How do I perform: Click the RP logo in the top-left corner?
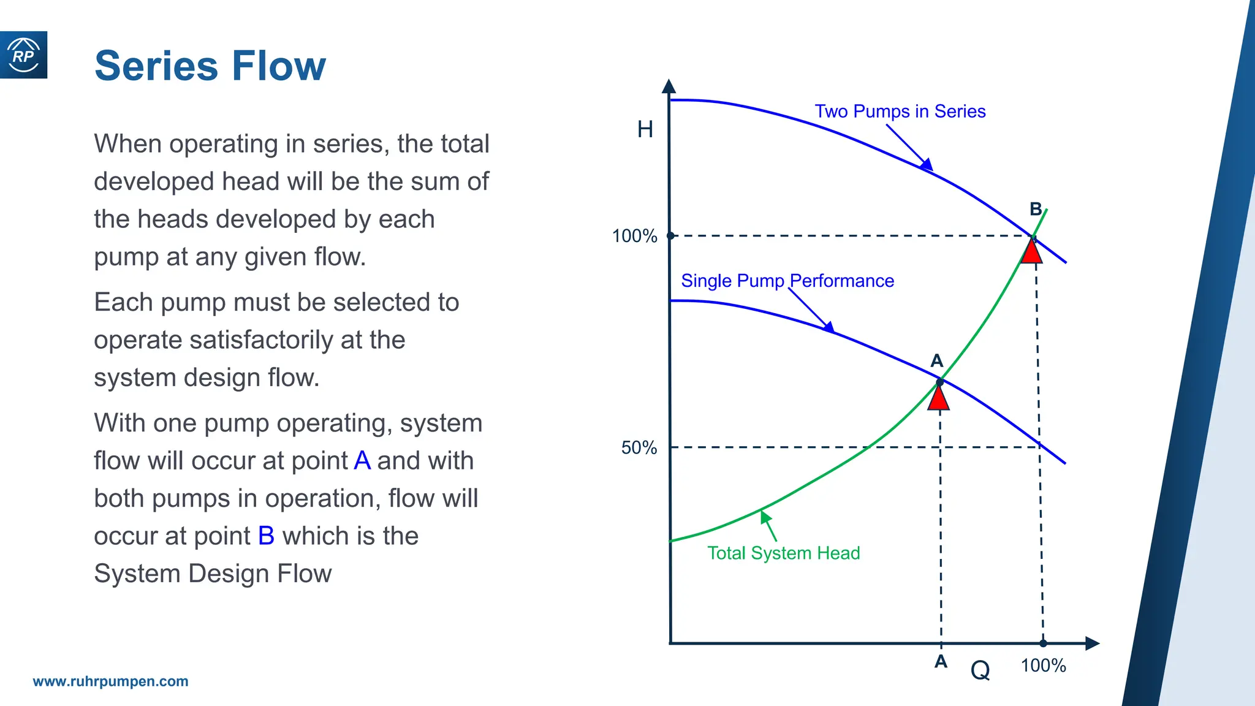[23, 55]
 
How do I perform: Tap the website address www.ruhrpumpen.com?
[110, 681]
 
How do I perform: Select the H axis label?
[645, 129]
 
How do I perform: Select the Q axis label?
[980, 670]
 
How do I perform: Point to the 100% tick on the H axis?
[635, 236]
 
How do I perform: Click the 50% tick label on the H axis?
[639, 448]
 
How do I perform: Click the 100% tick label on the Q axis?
[1043, 666]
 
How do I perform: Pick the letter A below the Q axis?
[941, 662]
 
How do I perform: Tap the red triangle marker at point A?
[939, 399]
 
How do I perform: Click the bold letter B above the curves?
[1036, 210]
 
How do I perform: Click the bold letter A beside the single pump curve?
[936, 360]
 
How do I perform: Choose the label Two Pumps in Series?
[900, 112]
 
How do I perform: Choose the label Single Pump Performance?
[787, 281]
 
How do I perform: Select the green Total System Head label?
[784, 553]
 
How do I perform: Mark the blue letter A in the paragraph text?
[362, 461]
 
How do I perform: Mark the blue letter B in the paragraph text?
[266, 536]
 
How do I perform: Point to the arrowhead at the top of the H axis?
[669, 86]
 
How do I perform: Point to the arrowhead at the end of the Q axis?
[1092, 643]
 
